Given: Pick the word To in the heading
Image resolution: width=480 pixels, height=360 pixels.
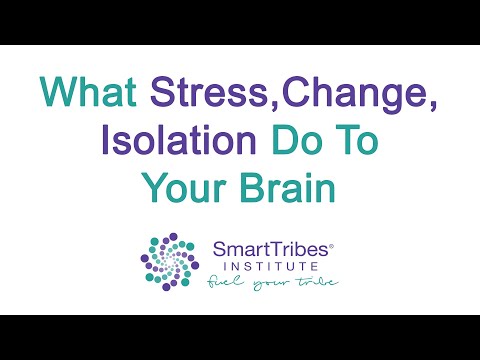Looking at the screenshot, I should (x=354, y=139).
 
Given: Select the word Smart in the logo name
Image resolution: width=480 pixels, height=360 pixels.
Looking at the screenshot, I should (x=241, y=247).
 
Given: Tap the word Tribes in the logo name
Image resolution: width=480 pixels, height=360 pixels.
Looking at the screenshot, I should (x=299, y=247).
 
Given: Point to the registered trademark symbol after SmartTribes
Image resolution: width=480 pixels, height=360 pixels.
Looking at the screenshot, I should (x=333, y=241).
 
